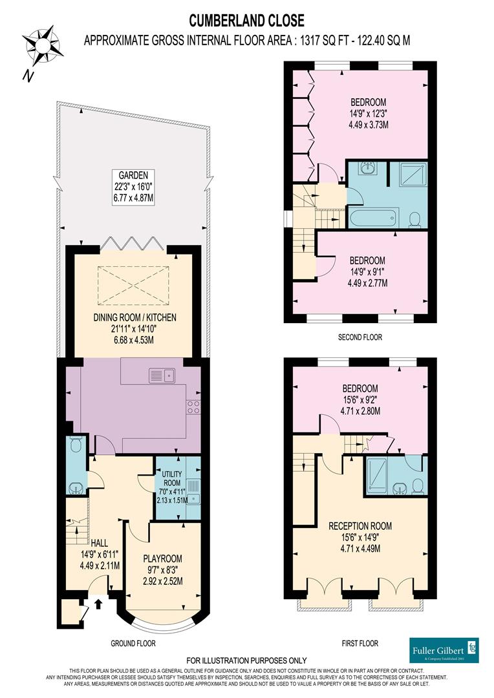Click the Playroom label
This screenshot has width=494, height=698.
[x=163, y=558]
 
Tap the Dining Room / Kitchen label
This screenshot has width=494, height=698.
[x=134, y=317]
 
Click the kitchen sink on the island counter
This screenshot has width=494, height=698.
[x=162, y=374]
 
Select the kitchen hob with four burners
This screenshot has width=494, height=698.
[x=193, y=407]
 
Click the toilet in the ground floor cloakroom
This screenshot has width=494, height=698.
[x=75, y=444]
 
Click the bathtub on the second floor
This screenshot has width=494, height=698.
[x=372, y=217]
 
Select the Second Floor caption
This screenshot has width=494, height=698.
[x=360, y=337]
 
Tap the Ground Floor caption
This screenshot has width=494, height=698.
[x=133, y=643]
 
